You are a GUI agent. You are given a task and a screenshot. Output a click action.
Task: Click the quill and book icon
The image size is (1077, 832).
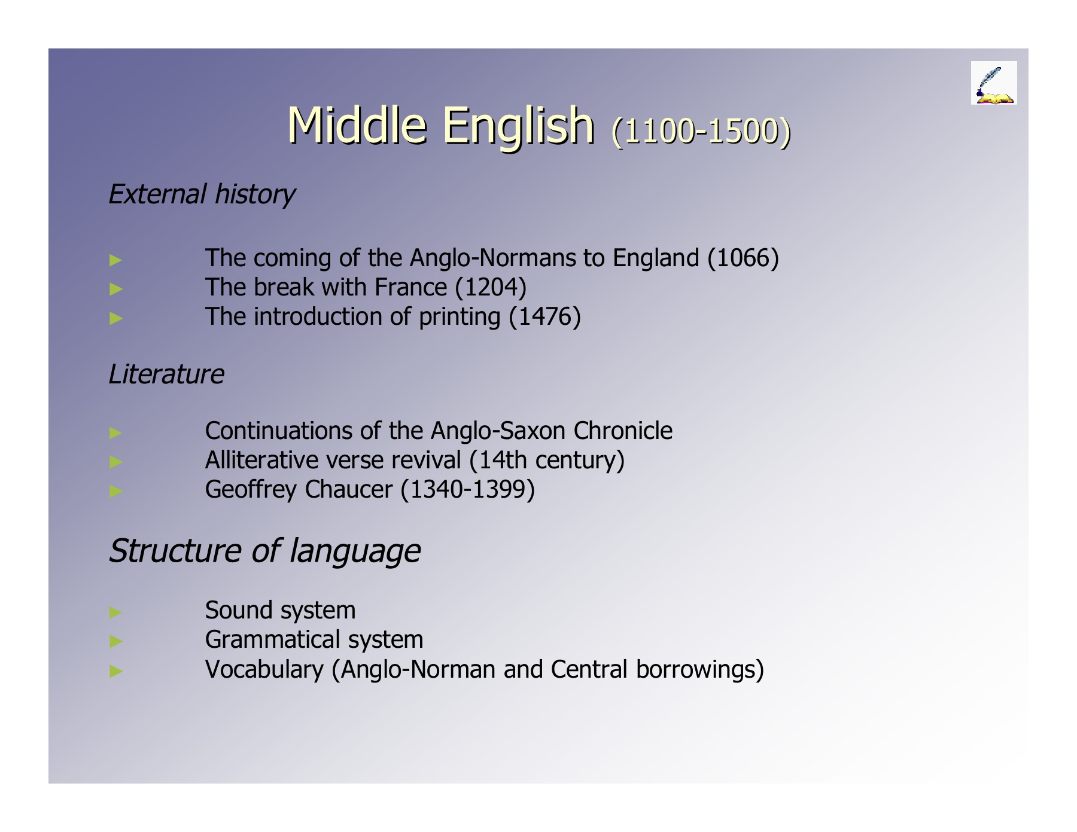click(x=993, y=83)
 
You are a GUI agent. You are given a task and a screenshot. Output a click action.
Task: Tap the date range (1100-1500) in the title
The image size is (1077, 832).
click(x=701, y=130)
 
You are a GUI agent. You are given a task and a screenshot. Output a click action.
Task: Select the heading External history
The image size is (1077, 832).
click(x=202, y=194)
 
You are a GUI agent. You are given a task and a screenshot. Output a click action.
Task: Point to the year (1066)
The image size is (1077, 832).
click(x=743, y=258)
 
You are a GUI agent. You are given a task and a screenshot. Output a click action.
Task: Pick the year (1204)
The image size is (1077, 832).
click(x=491, y=287)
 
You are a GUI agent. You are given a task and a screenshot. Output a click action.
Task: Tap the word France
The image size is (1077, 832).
click(x=410, y=287)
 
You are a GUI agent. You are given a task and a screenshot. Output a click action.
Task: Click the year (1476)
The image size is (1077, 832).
click(x=544, y=316)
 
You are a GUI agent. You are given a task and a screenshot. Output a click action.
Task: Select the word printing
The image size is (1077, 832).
click(x=459, y=317)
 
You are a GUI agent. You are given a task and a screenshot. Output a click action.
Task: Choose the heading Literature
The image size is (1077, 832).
click(x=166, y=374)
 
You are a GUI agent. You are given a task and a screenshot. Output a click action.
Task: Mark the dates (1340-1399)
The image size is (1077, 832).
click(x=467, y=489)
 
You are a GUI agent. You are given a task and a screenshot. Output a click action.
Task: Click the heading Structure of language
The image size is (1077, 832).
click(x=264, y=550)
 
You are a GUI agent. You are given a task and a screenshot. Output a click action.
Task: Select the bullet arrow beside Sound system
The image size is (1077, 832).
click(x=116, y=611)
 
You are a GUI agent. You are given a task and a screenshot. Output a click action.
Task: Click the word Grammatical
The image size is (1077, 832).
click(x=272, y=639)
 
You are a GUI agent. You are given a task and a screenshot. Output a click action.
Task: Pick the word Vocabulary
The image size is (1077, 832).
click(x=264, y=669)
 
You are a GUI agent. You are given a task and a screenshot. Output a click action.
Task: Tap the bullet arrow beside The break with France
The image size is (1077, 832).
click(x=116, y=289)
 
